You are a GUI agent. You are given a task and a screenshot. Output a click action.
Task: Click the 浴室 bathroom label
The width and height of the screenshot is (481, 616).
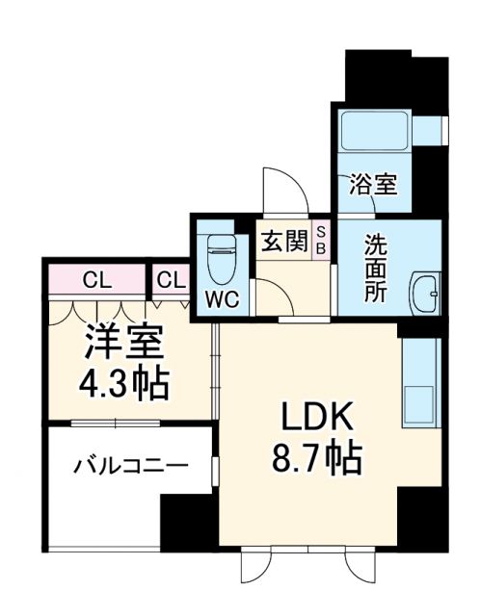tap(373, 184)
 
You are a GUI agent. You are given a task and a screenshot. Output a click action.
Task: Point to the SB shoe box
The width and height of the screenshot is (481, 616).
tap(322, 240)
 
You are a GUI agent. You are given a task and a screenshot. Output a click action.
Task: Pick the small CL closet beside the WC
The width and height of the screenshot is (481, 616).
tap(171, 281)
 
